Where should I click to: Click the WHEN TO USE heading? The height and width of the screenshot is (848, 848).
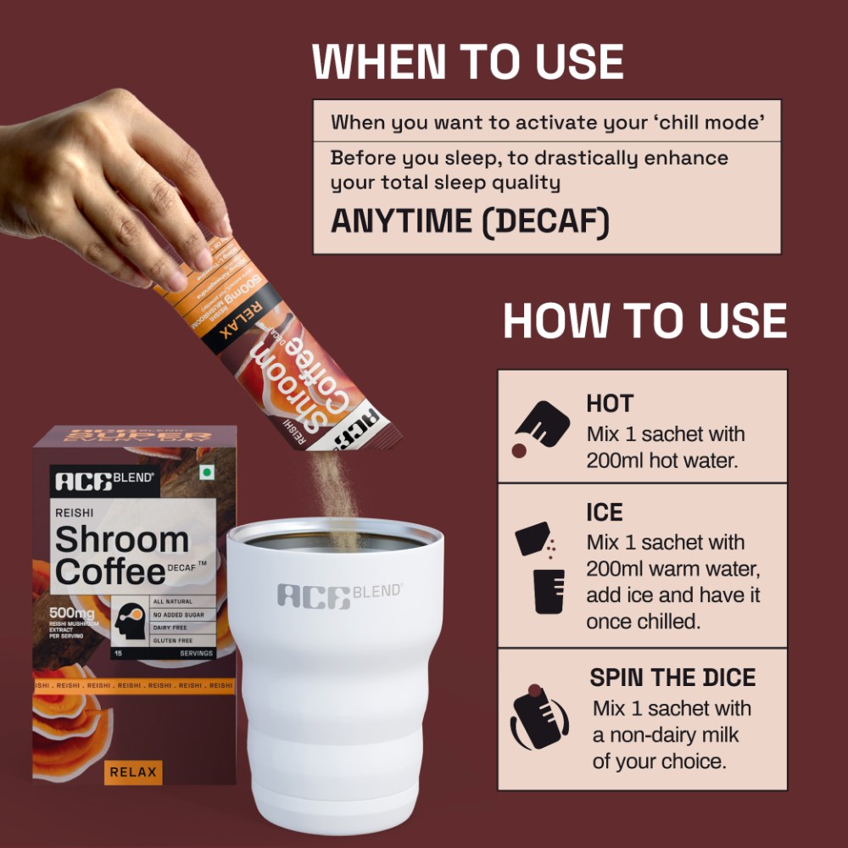[468, 61]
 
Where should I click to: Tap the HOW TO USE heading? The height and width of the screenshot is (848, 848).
[644, 321]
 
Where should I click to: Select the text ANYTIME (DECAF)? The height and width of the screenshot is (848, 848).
[470, 220]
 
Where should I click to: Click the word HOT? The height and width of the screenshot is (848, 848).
[610, 404]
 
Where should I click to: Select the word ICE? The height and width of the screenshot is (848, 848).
[605, 512]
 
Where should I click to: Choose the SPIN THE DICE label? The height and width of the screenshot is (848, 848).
[672, 678]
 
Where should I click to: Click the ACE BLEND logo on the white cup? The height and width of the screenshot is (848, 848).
[339, 594]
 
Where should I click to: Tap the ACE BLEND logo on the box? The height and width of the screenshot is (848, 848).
[104, 481]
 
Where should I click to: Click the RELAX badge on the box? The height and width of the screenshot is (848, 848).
[133, 772]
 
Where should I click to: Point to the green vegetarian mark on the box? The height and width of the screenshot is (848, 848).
[203, 471]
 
